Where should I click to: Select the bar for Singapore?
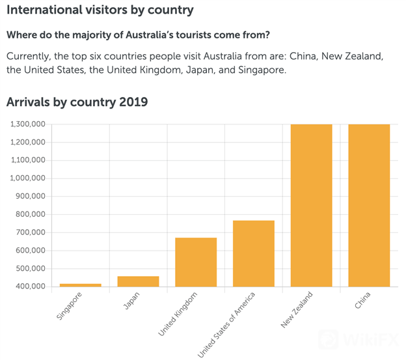(x=81, y=284)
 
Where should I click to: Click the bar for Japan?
(x=138, y=281)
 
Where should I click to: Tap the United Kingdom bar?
(x=196, y=262)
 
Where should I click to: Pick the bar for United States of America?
(x=253, y=253)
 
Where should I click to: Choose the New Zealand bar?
(x=311, y=205)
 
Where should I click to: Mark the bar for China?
(x=369, y=205)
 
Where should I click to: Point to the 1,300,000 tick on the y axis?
(x=27, y=124)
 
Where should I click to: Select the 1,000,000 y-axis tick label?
(x=27, y=178)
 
